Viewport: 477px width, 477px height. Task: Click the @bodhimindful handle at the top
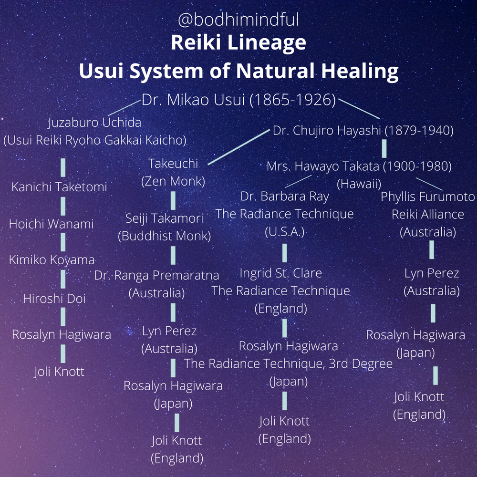tap(238, 21)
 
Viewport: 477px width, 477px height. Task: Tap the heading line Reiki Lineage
tap(238, 43)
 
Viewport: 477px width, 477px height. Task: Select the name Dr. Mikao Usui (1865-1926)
tap(238, 101)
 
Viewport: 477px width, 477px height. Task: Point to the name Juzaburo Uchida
tap(94, 123)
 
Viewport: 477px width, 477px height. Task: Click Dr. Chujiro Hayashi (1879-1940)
tap(363, 130)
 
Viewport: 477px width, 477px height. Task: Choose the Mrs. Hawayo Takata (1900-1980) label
tap(359, 166)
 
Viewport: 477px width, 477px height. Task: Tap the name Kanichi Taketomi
tap(59, 187)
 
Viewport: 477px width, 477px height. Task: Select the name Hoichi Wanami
tap(51, 224)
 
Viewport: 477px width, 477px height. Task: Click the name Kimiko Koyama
tap(52, 260)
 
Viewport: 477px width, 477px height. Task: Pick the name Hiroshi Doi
tap(54, 299)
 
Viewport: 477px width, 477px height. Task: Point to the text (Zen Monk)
tap(173, 181)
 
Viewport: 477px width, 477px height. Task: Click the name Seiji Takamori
tap(164, 218)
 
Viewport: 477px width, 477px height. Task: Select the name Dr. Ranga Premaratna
tap(156, 275)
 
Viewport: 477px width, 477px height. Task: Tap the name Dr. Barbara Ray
tap(285, 197)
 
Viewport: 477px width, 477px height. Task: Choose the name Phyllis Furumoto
tap(428, 197)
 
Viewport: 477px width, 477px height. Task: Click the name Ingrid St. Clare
tap(280, 273)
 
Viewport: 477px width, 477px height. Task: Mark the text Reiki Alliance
tap(428, 215)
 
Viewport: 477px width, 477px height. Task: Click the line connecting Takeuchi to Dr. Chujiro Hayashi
tap(238, 148)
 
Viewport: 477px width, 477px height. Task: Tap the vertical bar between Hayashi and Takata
tap(384, 148)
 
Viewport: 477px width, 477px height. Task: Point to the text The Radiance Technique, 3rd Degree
tap(288, 364)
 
